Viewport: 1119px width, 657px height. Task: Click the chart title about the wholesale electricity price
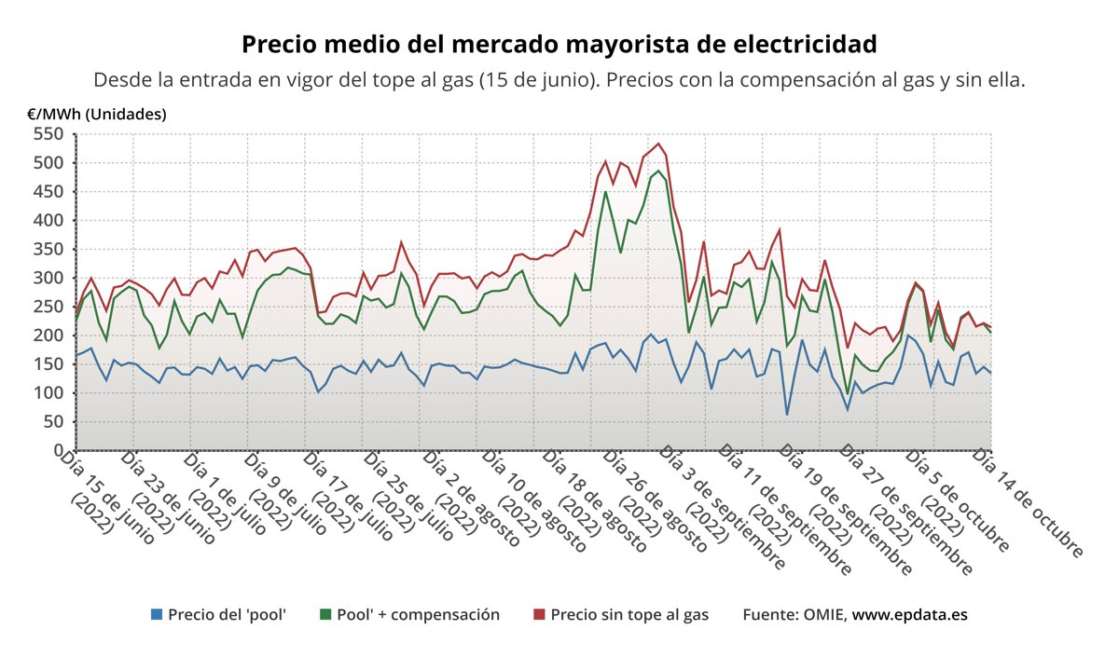[559, 44]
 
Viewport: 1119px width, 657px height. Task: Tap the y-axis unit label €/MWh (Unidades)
[97, 114]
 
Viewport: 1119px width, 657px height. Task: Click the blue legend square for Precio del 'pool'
[157, 615]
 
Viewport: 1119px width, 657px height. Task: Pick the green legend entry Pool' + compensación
[409, 615]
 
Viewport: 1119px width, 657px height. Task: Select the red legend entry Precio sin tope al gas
[620, 615]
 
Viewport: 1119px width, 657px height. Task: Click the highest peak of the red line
[658, 144]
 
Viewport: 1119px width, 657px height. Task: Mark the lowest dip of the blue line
[787, 415]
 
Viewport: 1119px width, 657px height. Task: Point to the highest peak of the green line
[658, 171]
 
